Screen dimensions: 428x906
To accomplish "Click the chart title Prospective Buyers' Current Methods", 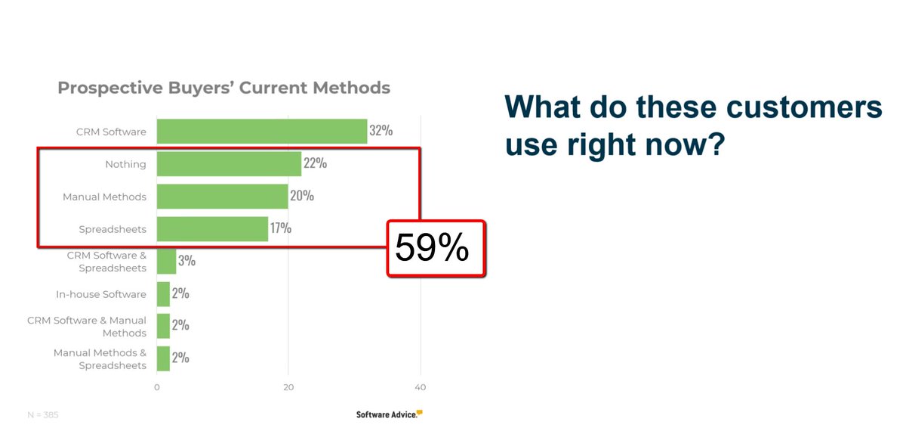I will [x=224, y=88].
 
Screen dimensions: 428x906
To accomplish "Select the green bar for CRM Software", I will [x=261, y=131].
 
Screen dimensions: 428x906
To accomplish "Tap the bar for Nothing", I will [x=229, y=163].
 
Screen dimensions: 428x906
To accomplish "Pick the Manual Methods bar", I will [x=222, y=197].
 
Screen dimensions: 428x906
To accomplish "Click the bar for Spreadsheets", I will [x=212, y=228].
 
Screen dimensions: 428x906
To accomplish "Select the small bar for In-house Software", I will [x=163, y=294].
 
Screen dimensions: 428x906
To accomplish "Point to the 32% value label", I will [x=381, y=130].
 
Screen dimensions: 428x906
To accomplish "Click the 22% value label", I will [x=315, y=163].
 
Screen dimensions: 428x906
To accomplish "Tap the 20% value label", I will [x=302, y=196].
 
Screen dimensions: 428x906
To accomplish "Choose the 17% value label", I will [x=281, y=228].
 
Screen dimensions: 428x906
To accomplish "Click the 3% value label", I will [x=186, y=261].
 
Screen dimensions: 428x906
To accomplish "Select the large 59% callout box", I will [x=436, y=249].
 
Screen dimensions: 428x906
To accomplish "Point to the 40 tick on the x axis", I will [x=421, y=387].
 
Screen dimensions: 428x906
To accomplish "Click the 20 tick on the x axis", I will [x=288, y=387].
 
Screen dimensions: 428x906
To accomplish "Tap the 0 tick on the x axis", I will [x=157, y=387].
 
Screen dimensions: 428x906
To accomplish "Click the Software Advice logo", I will [x=390, y=414].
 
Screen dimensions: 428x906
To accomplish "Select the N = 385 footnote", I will [x=43, y=414].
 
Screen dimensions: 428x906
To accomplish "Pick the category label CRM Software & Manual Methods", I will [x=87, y=327].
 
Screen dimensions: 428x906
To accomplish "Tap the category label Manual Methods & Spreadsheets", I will [x=100, y=359].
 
